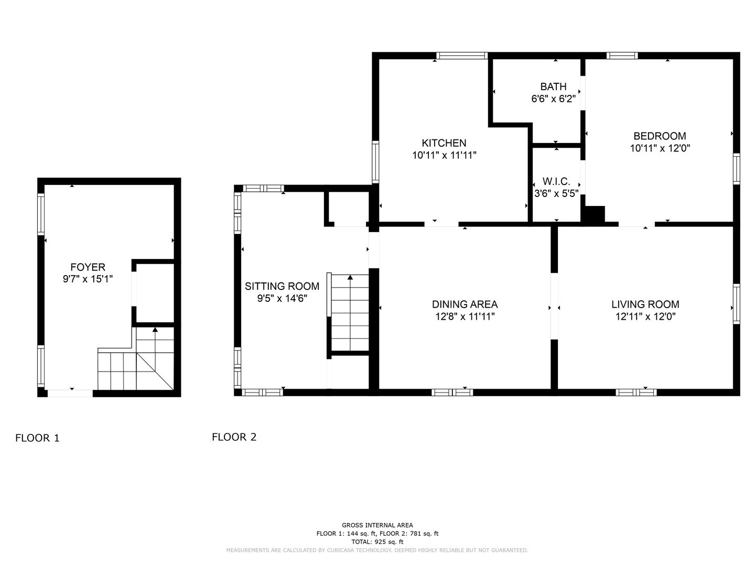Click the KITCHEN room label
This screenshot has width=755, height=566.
pyautogui.click(x=444, y=143)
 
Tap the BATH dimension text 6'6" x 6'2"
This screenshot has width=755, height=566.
pyautogui.click(x=553, y=99)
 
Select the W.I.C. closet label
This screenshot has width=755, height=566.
pyautogui.click(x=556, y=181)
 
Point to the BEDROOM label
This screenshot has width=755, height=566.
pyautogui.click(x=660, y=136)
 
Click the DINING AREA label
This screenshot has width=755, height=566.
pyautogui.click(x=465, y=304)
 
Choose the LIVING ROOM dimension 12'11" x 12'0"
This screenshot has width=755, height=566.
pyautogui.click(x=645, y=316)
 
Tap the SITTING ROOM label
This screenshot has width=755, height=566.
pyautogui.click(x=282, y=286)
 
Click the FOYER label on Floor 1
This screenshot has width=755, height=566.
pyautogui.click(x=88, y=267)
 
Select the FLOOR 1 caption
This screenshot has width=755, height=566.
pyautogui.click(x=38, y=438)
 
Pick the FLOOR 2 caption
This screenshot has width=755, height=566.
pyautogui.click(x=234, y=437)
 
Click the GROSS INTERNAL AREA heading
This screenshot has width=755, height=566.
pyautogui.click(x=377, y=525)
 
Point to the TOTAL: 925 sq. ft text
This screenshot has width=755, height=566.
pyautogui.click(x=377, y=542)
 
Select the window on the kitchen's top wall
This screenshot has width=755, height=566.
pyautogui.click(x=462, y=56)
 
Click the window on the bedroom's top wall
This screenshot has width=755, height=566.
pyautogui.click(x=622, y=56)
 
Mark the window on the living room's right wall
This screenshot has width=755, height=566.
pyautogui.click(x=736, y=304)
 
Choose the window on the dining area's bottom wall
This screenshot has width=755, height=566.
pyautogui.click(x=452, y=393)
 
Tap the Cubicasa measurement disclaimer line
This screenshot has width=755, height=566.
pyautogui.click(x=377, y=550)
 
